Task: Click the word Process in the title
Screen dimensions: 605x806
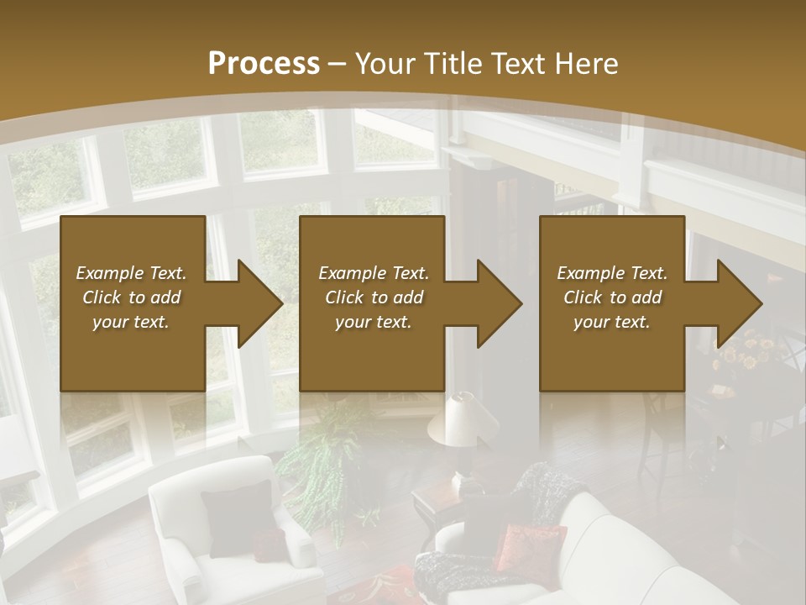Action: tap(264, 64)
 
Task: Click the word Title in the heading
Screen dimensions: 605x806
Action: tap(451, 64)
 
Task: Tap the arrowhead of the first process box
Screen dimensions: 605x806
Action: tap(259, 303)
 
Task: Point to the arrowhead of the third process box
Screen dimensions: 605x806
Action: tap(739, 303)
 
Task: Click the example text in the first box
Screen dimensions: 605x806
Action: tap(131, 297)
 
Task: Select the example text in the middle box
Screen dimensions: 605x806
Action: tap(374, 297)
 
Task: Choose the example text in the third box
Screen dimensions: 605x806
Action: tap(612, 297)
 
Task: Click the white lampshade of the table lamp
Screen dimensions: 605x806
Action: tap(458, 418)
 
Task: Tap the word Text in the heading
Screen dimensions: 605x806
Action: tap(520, 64)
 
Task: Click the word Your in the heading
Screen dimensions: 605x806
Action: tap(385, 64)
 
